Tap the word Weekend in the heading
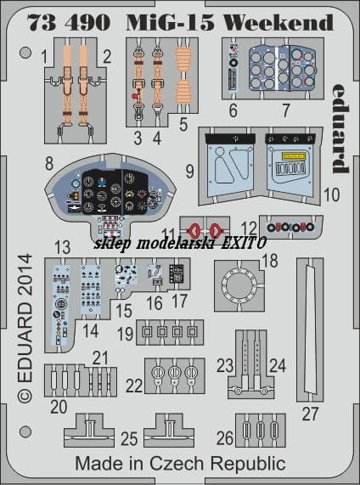(278, 22)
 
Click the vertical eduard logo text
(340, 128)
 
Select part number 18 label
(270, 261)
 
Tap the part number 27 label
(310, 414)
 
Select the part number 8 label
(49, 163)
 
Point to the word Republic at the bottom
(248, 465)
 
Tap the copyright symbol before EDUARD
(25, 396)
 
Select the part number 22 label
(134, 386)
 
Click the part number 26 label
(225, 438)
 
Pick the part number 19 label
(126, 334)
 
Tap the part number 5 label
(183, 125)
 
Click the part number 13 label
(63, 247)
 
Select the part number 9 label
(189, 171)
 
